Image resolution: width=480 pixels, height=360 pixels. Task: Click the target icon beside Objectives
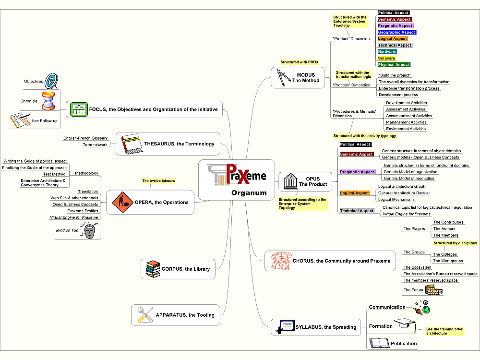tap(51, 81)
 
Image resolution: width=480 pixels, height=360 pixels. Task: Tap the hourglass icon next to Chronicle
tap(48, 101)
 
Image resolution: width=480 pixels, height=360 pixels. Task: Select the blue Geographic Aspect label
tap(397, 32)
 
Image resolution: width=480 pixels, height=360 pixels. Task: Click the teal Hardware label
tap(387, 52)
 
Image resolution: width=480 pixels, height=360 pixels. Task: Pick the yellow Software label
tap(386, 58)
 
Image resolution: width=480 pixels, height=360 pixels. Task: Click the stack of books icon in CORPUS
tap(153, 269)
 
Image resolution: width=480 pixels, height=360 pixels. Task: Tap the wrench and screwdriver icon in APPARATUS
tap(145, 315)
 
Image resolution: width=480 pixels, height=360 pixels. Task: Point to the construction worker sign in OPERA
tap(122, 202)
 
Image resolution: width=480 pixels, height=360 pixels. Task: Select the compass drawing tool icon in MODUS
tap(283, 77)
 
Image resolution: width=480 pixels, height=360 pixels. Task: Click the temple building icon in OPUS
tap(290, 181)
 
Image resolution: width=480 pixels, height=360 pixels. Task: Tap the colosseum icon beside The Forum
tap(433, 289)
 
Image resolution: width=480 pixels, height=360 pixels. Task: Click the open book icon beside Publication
tap(379, 343)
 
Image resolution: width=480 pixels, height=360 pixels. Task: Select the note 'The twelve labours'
tap(158, 180)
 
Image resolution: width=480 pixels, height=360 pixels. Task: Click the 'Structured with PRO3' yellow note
tap(300, 62)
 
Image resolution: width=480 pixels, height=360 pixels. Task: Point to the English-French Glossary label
tap(85, 138)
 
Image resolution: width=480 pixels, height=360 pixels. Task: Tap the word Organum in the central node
tap(249, 193)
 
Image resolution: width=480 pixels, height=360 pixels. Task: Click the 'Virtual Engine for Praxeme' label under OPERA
tap(74, 217)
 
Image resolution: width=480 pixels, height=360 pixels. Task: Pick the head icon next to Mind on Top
tap(89, 231)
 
